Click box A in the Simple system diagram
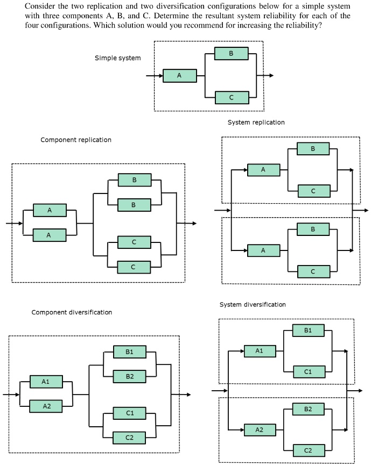coord(179,76)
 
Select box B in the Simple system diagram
coord(231,54)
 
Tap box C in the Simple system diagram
coord(232,97)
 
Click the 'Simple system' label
coord(117,58)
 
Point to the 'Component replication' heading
coord(76,140)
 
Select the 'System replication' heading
coord(256,123)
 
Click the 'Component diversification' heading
coord(72,312)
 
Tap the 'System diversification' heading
coord(253,305)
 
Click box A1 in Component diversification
coord(46,382)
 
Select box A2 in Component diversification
coord(46,406)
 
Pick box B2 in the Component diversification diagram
coord(129,376)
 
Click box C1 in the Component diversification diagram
coord(129,413)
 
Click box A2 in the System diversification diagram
coord(260,429)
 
